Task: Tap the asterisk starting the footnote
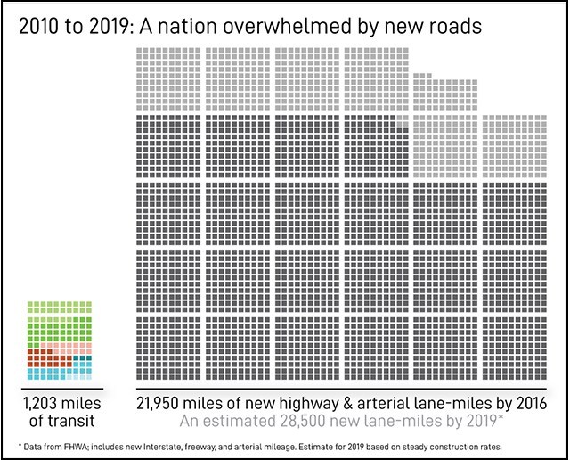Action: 20,444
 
